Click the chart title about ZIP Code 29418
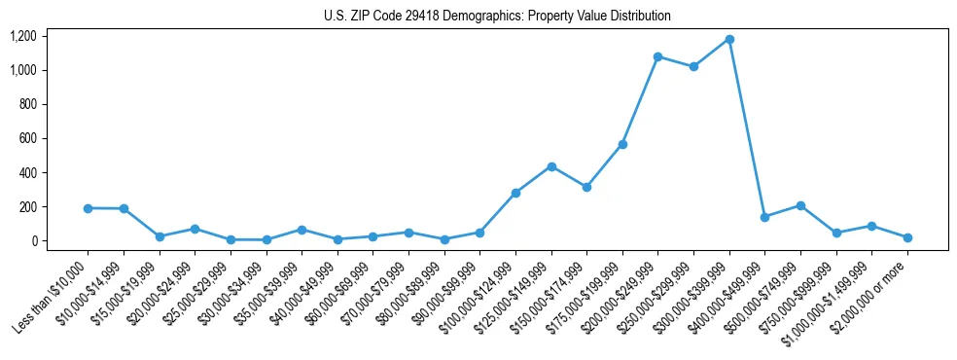pos(497,17)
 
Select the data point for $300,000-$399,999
pos(729,40)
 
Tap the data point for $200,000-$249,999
pos(658,56)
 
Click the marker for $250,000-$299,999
pos(693,67)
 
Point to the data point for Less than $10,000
pos(89,208)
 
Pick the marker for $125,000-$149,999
pos(551,166)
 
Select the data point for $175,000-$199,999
pos(622,144)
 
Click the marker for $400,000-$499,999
pos(765,217)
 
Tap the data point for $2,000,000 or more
pos(907,237)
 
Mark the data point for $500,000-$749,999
pos(800,205)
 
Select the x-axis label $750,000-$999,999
pos(798,297)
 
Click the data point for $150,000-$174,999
pos(586,187)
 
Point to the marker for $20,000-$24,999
pos(195,229)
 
